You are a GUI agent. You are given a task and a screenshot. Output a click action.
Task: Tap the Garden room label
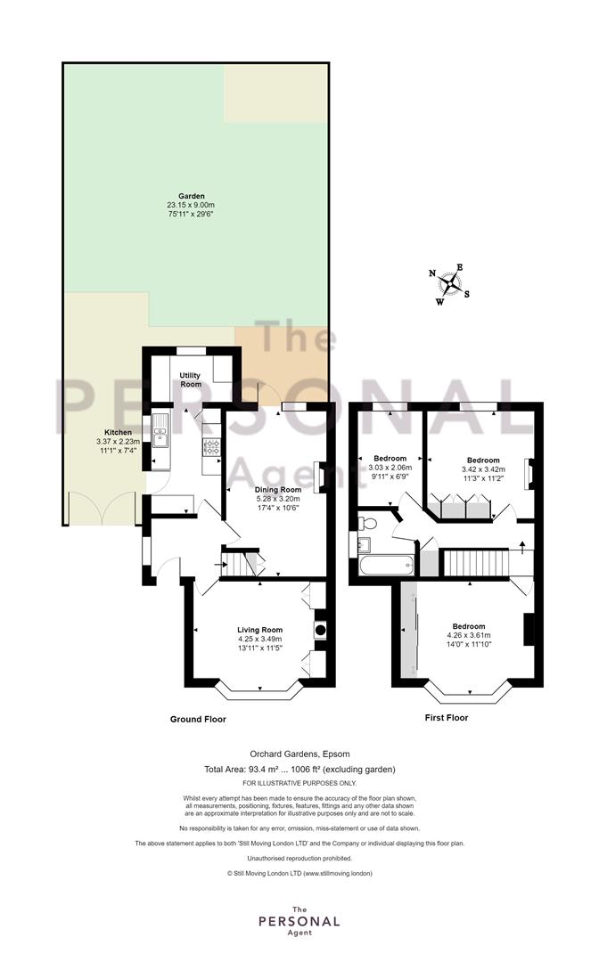coord(192,196)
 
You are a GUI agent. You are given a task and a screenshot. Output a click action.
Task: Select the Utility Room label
coord(191,379)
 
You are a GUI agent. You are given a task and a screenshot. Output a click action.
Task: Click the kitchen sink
coord(160,429)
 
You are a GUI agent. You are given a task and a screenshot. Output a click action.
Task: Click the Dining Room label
coord(278,490)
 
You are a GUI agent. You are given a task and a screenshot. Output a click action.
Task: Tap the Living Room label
coord(260,630)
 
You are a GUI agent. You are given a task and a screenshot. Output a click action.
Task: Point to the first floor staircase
coord(476,563)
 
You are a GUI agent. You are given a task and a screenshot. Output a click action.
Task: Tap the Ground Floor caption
coord(198,719)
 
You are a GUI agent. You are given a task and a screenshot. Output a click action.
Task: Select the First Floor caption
coord(447,717)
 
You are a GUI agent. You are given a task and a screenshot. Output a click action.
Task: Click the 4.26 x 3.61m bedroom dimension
coord(469,636)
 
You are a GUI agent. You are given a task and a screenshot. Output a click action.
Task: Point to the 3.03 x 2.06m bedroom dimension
coord(390,468)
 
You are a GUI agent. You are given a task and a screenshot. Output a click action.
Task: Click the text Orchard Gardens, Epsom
coord(299,754)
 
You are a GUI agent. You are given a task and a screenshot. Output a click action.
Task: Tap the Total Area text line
coord(299,769)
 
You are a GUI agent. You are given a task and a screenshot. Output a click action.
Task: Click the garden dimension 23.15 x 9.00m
coord(191,205)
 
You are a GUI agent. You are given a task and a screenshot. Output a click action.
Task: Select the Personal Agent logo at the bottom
coord(299,921)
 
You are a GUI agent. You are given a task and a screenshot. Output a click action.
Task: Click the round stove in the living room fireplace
coord(320,628)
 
